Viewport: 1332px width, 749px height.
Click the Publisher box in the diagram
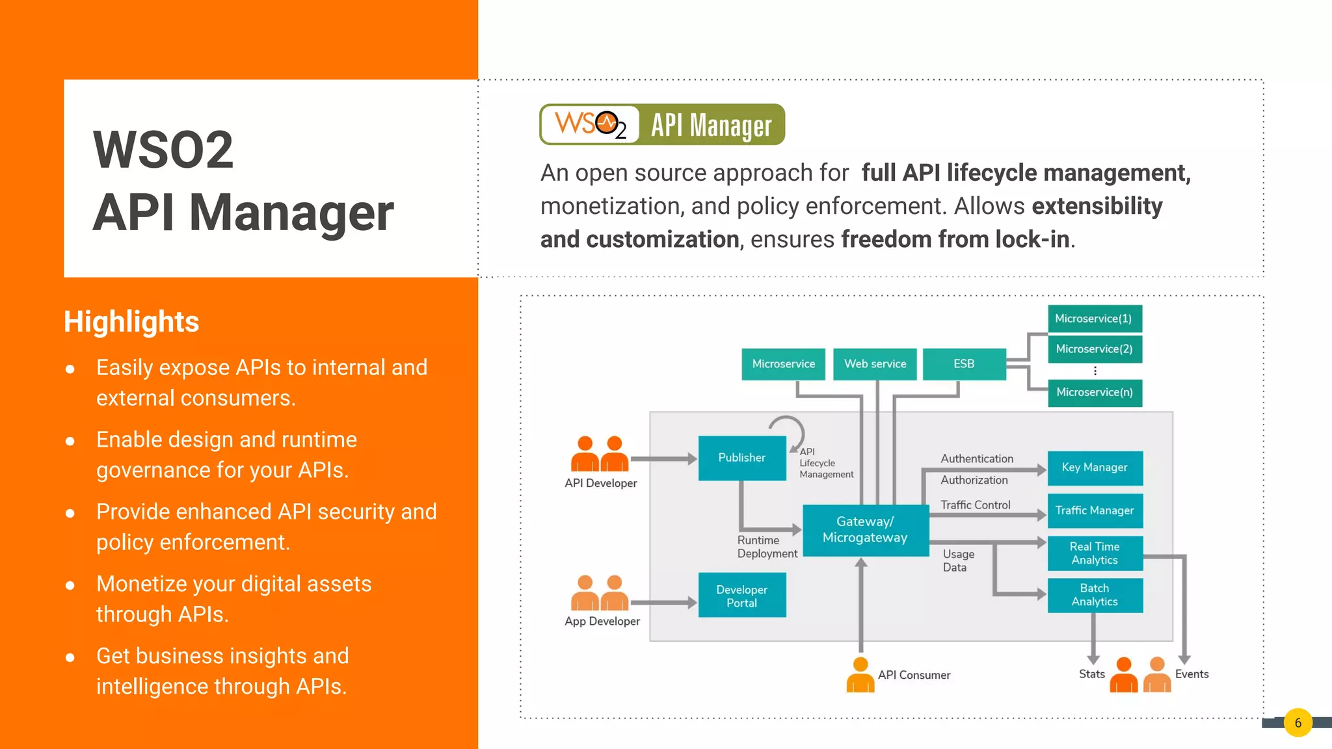pos(741,458)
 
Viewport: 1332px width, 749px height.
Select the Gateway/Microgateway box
pos(865,530)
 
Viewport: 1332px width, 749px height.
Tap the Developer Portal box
pos(741,596)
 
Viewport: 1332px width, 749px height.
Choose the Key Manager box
pos(1095,467)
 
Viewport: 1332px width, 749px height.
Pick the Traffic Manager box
pos(1095,511)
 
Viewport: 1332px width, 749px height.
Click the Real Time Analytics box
pos(1095,553)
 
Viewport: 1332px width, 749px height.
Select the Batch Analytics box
pos(1095,595)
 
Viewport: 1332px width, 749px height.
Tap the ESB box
pos(964,364)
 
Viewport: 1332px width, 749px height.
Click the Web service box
pos(875,364)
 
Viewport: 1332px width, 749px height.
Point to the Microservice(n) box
pos(1095,393)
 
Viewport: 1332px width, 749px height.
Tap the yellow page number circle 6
pos(1298,723)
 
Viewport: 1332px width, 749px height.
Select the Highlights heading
pos(131,322)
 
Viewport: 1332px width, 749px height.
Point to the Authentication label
pos(977,459)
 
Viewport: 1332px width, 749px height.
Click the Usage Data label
pos(958,560)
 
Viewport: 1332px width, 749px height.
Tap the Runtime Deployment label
pos(767,547)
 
